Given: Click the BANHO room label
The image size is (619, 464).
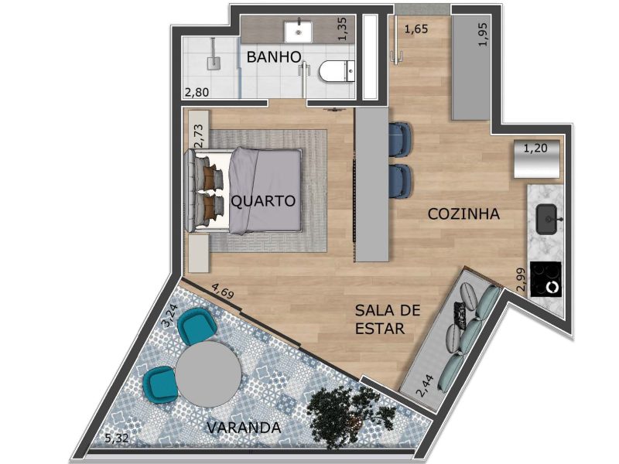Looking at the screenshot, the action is tap(274, 57).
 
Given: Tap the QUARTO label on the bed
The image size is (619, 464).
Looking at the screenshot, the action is tap(263, 201).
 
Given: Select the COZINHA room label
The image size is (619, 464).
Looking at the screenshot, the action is tap(463, 214).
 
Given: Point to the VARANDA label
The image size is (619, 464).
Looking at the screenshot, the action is tap(244, 428).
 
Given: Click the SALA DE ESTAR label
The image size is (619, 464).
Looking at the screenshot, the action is tap(388, 319).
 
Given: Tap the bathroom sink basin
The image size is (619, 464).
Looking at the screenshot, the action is tap(299, 32).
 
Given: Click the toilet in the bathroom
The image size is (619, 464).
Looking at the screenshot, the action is tap(337, 72).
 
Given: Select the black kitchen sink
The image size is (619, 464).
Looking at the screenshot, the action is tap(547, 219).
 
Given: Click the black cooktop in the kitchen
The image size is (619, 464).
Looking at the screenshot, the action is tap(545, 279).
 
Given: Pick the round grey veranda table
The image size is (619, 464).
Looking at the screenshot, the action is tap(208, 374).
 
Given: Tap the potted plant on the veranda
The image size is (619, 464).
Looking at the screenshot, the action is tap(351, 416).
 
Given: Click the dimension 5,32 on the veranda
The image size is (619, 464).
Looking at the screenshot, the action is tap(117, 438).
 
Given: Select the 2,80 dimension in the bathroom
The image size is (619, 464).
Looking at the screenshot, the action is tap(197, 92).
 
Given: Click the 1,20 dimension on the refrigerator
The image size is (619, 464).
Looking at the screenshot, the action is tap(535, 148).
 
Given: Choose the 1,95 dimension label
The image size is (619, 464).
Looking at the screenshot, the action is tap(483, 34).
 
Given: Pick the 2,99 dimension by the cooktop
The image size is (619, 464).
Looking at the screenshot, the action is tap(521, 280).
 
